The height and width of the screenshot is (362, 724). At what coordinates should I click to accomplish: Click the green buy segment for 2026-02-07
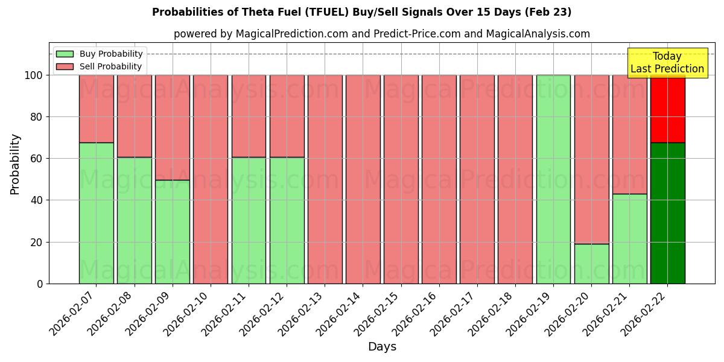click(96, 213)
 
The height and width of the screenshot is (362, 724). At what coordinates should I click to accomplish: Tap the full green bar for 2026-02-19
click(553, 179)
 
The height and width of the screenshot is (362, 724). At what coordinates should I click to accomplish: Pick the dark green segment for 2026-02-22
click(667, 213)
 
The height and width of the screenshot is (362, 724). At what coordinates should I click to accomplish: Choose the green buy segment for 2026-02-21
click(629, 238)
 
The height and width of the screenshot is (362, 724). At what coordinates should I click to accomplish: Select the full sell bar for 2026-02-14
click(363, 179)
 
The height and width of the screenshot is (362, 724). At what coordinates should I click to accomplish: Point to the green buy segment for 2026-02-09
click(172, 232)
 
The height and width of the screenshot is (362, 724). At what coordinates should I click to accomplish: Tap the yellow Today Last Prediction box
click(667, 63)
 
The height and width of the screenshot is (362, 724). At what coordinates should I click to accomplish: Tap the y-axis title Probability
click(15, 164)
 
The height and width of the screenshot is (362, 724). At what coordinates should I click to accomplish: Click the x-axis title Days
click(382, 347)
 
